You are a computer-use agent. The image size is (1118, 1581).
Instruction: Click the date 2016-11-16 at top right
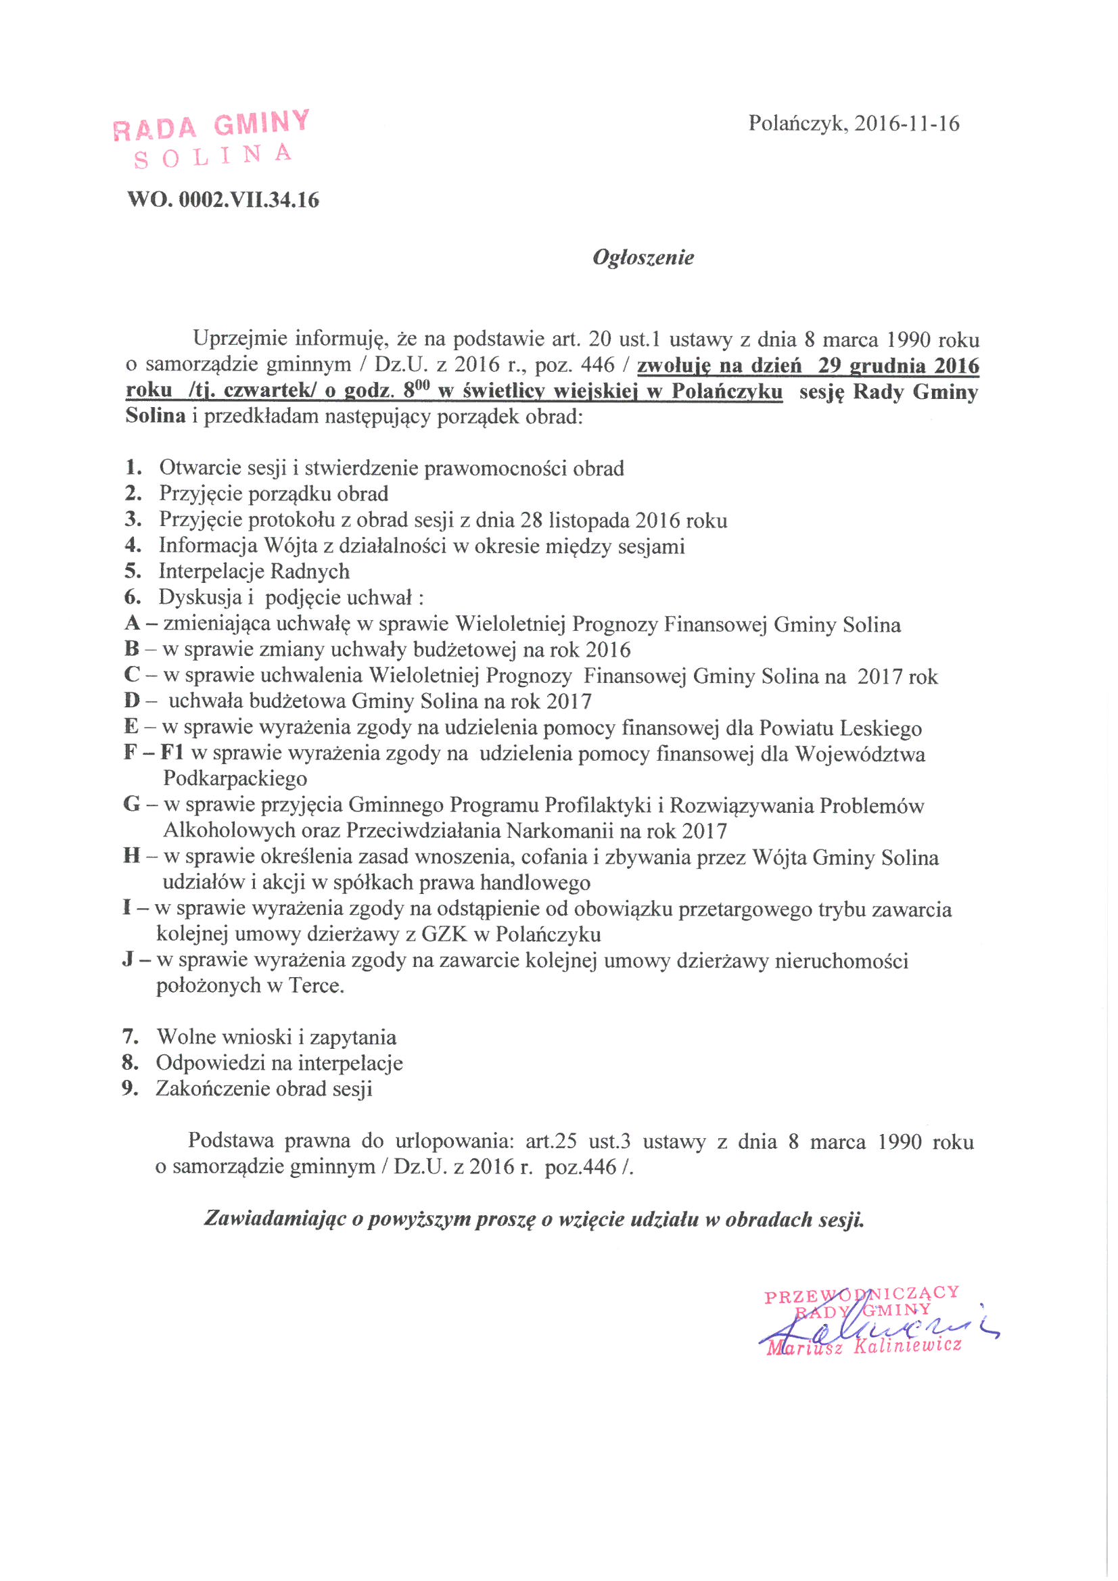click(906, 123)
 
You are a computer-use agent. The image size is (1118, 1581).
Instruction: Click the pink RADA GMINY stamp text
click(212, 125)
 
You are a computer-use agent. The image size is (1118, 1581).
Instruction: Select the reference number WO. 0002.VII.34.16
click(223, 200)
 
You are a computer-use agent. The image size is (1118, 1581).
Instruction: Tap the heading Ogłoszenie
click(643, 258)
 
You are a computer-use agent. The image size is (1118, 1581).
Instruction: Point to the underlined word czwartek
click(266, 391)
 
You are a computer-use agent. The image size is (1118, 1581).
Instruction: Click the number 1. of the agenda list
click(133, 467)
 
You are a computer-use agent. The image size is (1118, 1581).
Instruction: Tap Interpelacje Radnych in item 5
click(254, 571)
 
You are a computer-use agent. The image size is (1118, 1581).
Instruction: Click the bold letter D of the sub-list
click(132, 701)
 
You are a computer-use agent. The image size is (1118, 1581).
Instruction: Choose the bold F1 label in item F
click(172, 753)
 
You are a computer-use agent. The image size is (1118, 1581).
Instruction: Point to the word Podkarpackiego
click(235, 779)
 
